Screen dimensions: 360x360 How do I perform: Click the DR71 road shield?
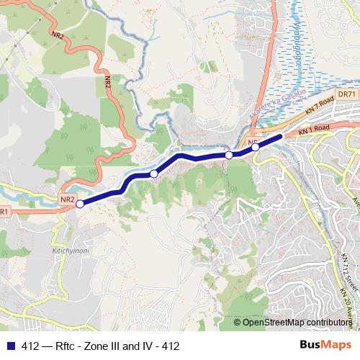347,94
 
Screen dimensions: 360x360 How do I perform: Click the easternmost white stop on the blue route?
255,147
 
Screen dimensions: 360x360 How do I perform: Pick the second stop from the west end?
153,174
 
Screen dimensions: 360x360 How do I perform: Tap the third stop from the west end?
229,155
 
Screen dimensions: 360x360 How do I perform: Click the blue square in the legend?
9,346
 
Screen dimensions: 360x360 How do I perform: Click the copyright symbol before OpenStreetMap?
238,322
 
